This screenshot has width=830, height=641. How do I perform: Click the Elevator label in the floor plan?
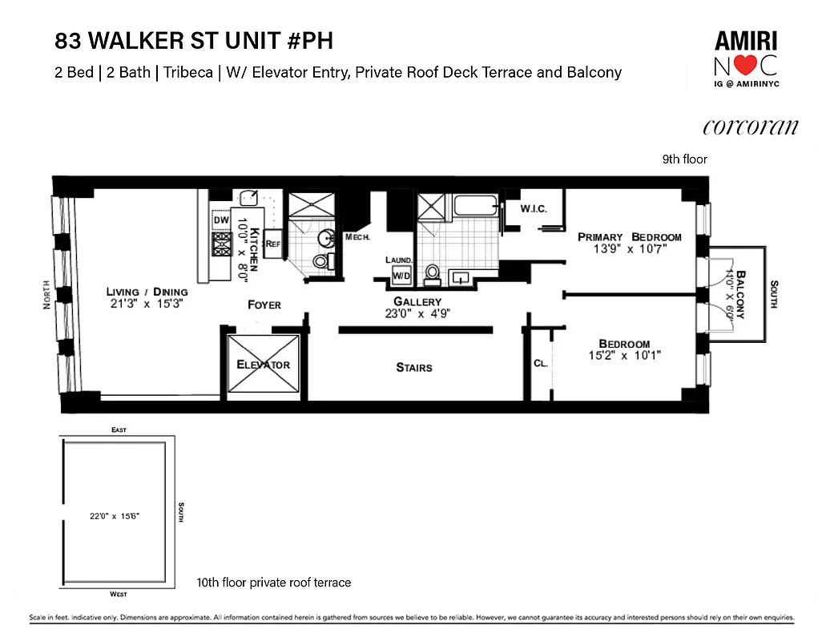(x=263, y=365)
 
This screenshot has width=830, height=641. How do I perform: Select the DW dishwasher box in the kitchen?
(x=221, y=220)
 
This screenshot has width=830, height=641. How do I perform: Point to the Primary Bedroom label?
(x=630, y=237)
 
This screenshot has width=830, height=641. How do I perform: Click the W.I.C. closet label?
(x=533, y=209)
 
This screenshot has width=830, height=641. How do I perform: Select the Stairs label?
(x=414, y=368)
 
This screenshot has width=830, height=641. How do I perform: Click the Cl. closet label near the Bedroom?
(x=540, y=363)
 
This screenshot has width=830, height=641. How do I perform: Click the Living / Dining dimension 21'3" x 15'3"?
(x=148, y=304)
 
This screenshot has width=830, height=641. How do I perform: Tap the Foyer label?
(x=264, y=304)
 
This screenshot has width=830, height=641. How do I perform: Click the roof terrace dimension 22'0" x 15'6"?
(x=115, y=517)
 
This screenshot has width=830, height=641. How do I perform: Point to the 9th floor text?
(x=684, y=159)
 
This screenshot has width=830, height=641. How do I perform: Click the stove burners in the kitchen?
(x=221, y=244)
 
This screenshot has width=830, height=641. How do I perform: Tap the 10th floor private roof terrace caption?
(x=274, y=583)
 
